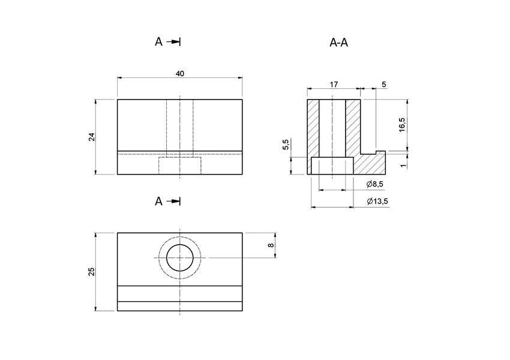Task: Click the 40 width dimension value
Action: pos(180,73)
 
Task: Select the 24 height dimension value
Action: pos(92,137)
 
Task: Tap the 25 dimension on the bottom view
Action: pos(92,272)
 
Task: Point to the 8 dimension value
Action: pos(271,245)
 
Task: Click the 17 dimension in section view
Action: pos(335,85)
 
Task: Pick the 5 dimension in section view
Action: pos(384,85)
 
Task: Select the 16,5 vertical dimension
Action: pos(402,125)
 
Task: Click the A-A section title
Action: pos(339,43)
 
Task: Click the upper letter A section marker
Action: pos(158,41)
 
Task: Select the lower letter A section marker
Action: pos(158,201)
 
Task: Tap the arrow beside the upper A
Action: pos(174,41)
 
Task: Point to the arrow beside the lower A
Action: pos(174,201)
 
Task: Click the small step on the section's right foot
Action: pos(380,152)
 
